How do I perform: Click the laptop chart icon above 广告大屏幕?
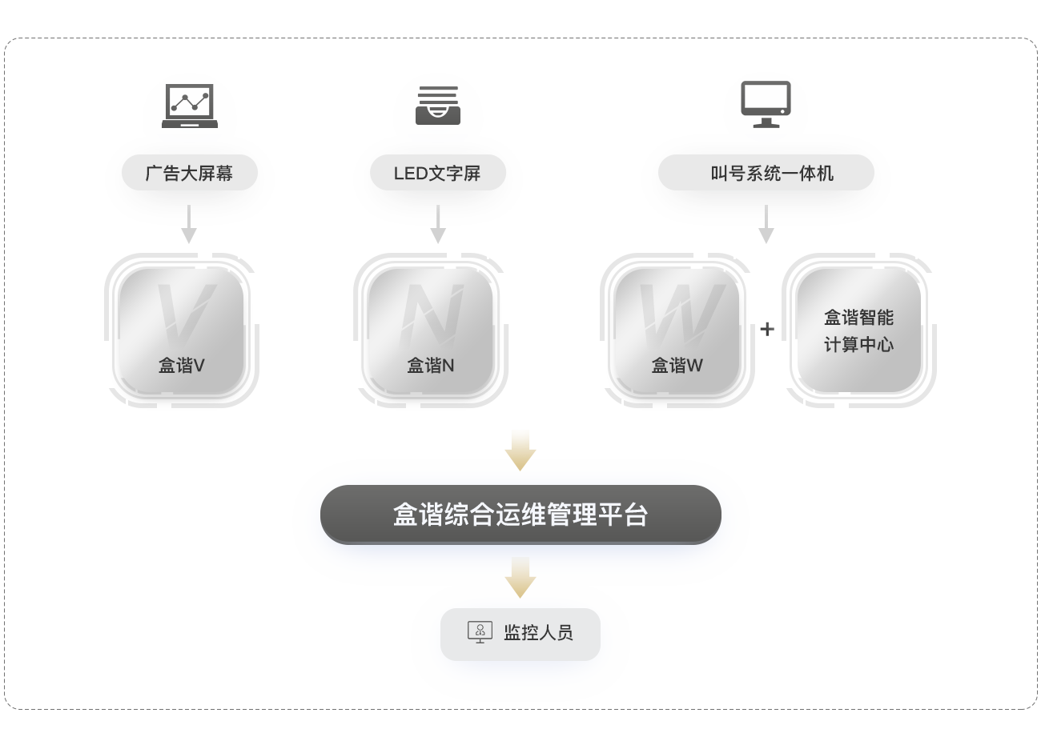tap(190, 106)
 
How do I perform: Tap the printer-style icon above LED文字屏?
tap(438, 106)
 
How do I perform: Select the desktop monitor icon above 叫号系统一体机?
tap(766, 105)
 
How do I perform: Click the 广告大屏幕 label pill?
tap(190, 173)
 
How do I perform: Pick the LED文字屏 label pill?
tap(438, 173)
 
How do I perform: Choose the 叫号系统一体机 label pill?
tap(766, 173)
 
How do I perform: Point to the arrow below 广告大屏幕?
tap(189, 224)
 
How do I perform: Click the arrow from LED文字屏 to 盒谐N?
tap(438, 224)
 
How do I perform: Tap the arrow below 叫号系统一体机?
tap(766, 224)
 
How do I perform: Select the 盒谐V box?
tap(181, 330)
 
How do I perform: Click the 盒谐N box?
tap(430, 330)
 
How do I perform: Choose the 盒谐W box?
tap(677, 330)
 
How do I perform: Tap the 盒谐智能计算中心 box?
tap(858, 330)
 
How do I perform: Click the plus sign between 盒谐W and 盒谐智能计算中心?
tap(767, 329)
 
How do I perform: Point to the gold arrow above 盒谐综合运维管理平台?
tap(520, 451)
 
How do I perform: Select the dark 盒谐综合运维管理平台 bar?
tap(520, 515)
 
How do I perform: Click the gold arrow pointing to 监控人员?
tap(520, 578)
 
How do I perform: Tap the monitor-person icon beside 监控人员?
tap(480, 632)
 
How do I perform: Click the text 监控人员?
tap(538, 633)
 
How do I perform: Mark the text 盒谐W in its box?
tap(677, 366)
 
